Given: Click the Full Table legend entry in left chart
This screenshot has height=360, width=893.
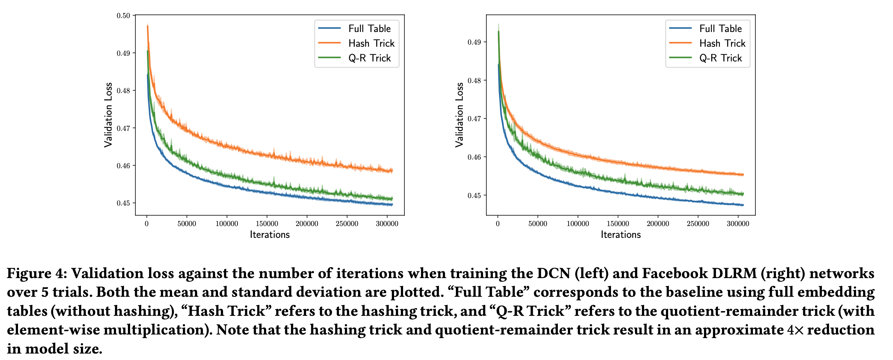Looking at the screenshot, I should click(369, 28).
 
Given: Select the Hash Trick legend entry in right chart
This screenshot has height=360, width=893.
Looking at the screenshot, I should click(722, 43).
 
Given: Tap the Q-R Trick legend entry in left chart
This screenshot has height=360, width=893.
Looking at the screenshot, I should click(369, 58).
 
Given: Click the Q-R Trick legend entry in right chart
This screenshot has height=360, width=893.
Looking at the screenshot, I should click(720, 58).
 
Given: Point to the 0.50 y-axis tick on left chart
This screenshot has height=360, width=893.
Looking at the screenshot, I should click(123, 15).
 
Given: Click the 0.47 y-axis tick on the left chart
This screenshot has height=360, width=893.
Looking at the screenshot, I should click(123, 128).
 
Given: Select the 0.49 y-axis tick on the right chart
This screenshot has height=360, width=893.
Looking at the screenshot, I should click(474, 42).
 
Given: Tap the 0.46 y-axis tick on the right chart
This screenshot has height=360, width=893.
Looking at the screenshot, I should click(474, 157).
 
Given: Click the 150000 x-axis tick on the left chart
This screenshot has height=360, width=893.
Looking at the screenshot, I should click(267, 224).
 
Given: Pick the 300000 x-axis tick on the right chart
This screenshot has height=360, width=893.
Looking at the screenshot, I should click(738, 224).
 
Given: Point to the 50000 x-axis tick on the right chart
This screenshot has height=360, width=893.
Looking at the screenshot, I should click(538, 224).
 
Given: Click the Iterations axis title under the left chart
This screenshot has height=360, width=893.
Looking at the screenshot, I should click(270, 235).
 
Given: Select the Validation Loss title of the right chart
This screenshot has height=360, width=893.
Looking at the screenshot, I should click(459, 115).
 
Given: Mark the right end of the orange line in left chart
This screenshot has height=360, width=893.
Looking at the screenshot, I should click(392, 171).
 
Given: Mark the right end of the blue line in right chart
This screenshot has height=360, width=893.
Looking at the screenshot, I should click(743, 205).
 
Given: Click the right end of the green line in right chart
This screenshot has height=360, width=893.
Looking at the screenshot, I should click(743, 194).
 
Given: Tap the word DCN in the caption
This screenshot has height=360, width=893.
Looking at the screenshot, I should click(554, 273).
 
